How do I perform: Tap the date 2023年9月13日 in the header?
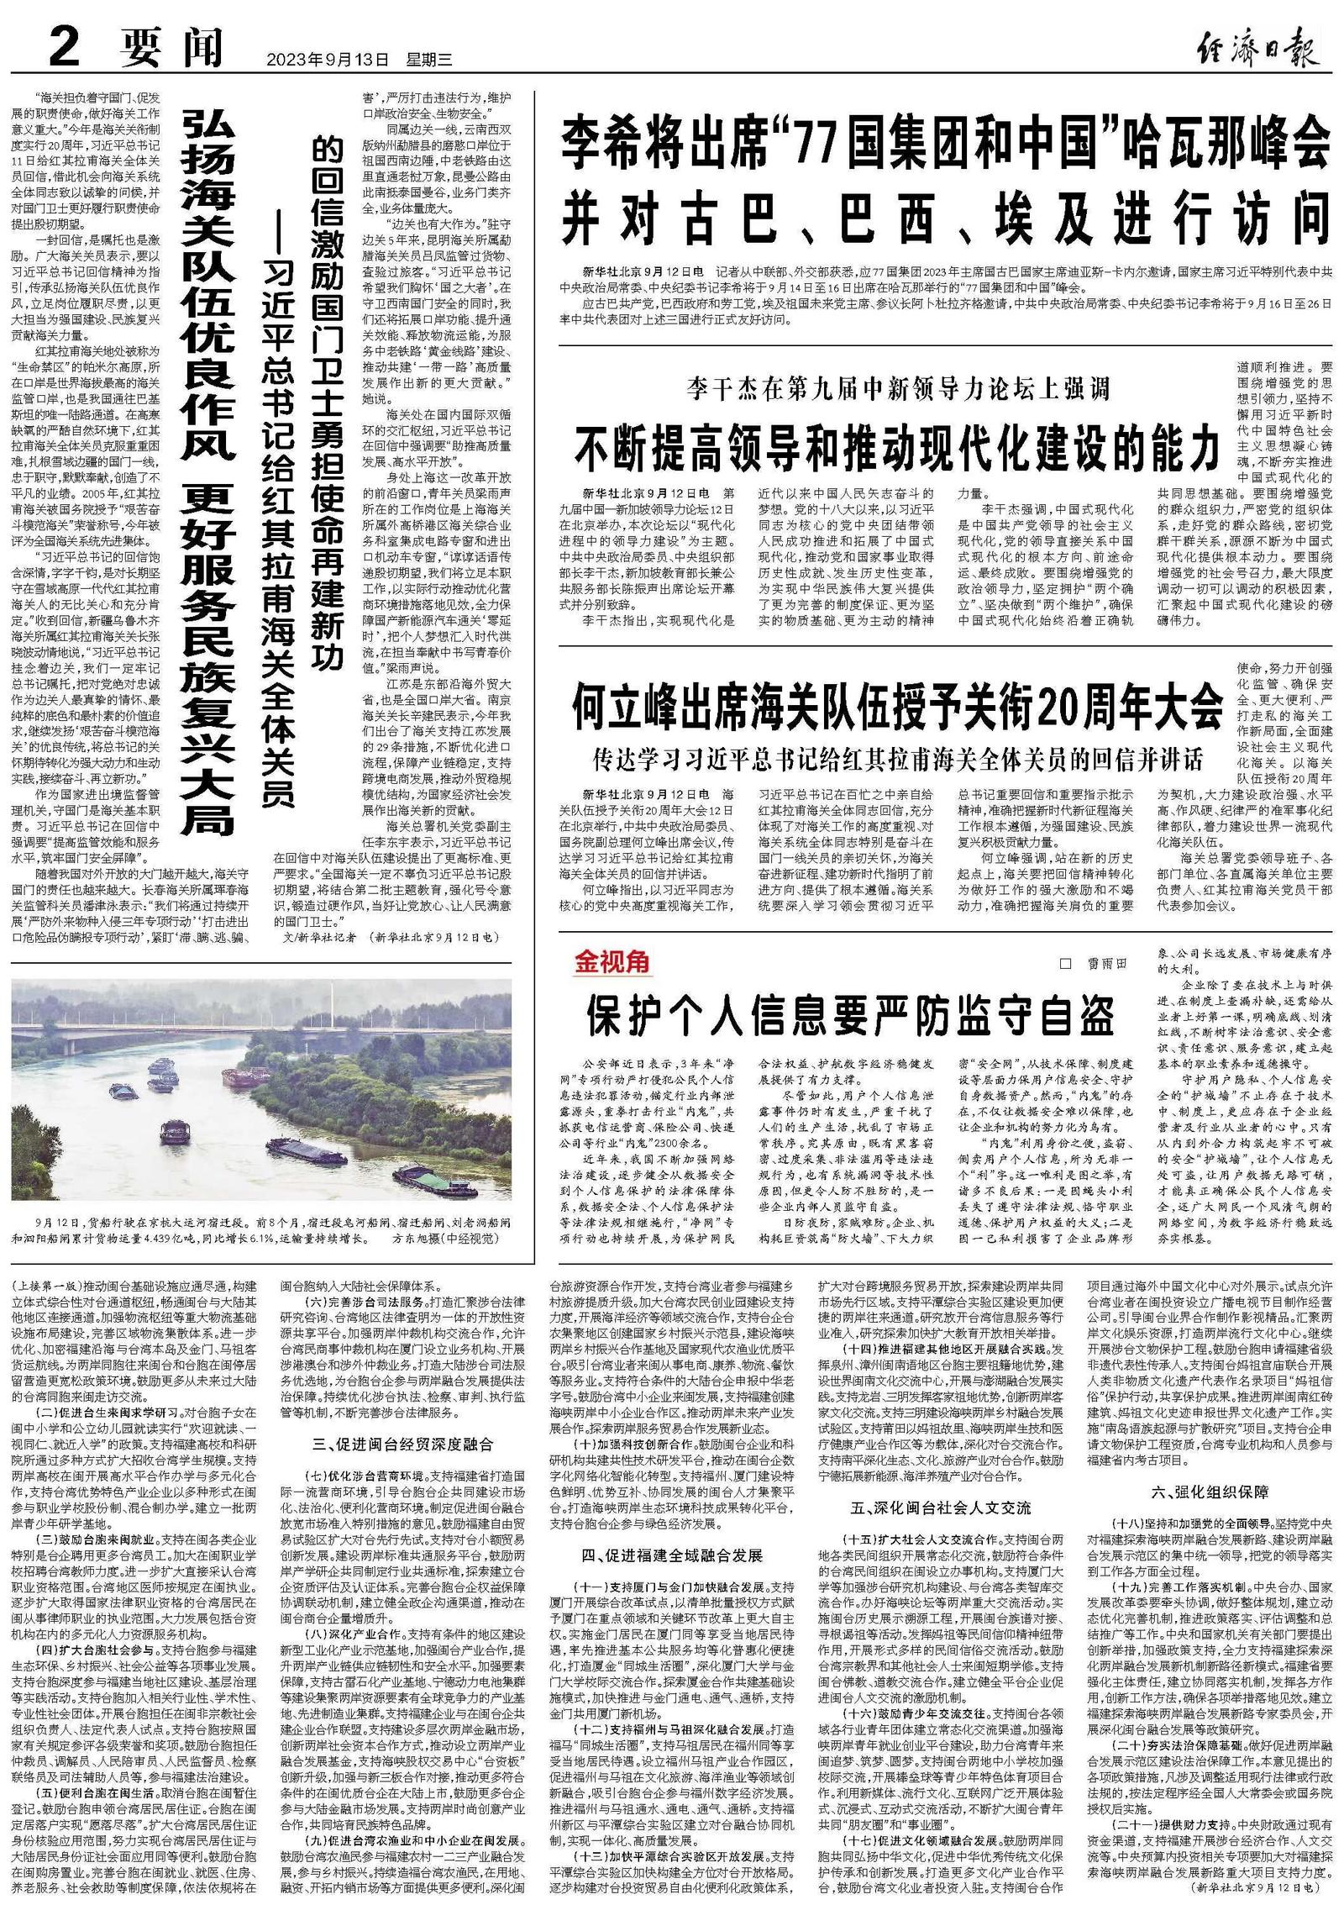tap(328, 60)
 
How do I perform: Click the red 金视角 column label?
tap(612, 961)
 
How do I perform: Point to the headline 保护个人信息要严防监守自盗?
tap(849, 1016)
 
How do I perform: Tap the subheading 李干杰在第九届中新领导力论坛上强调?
tap(898, 388)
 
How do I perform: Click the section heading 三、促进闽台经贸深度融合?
tap(402, 1445)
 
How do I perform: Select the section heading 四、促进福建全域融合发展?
tap(671, 1555)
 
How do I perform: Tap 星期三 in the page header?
tap(429, 60)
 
